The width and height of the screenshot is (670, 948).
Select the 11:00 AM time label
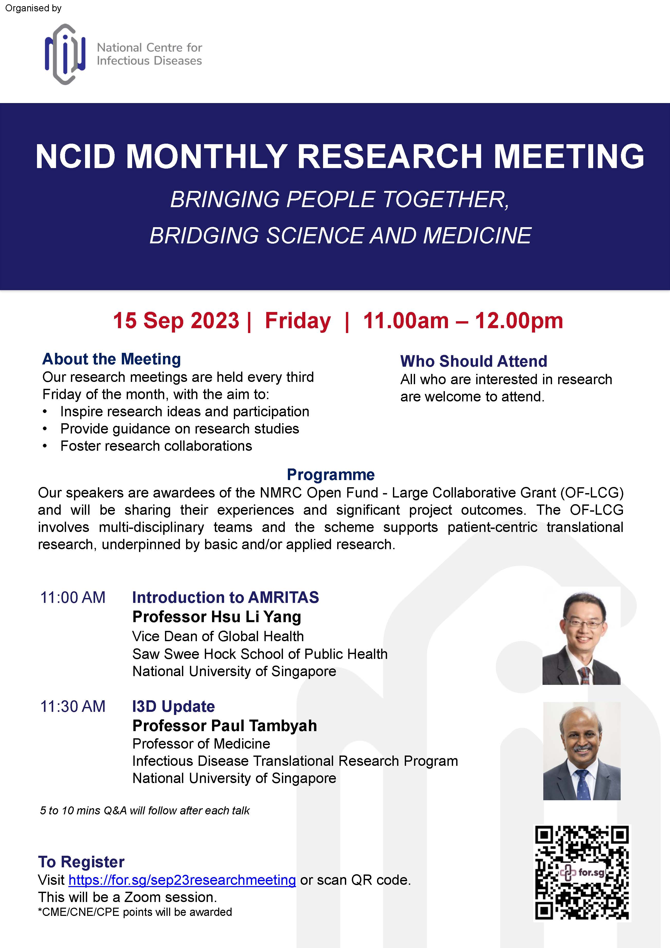(x=73, y=597)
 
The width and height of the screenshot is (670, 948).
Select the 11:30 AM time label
(x=73, y=706)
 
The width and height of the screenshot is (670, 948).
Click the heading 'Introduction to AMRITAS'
(x=225, y=597)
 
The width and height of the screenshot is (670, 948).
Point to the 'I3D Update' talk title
(x=173, y=706)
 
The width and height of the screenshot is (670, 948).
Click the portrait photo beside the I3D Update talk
(x=582, y=751)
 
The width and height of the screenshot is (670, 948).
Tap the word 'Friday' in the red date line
(x=298, y=321)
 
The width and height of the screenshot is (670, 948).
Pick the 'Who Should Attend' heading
(x=473, y=361)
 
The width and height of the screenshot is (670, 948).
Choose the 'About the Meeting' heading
(x=112, y=359)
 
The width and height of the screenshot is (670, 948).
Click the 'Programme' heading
(x=331, y=475)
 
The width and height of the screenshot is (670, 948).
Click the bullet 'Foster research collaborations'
(x=156, y=446)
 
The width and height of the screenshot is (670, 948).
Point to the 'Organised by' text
(x=33, y=8)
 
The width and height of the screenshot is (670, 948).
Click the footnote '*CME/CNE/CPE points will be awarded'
(x=135, y=912)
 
